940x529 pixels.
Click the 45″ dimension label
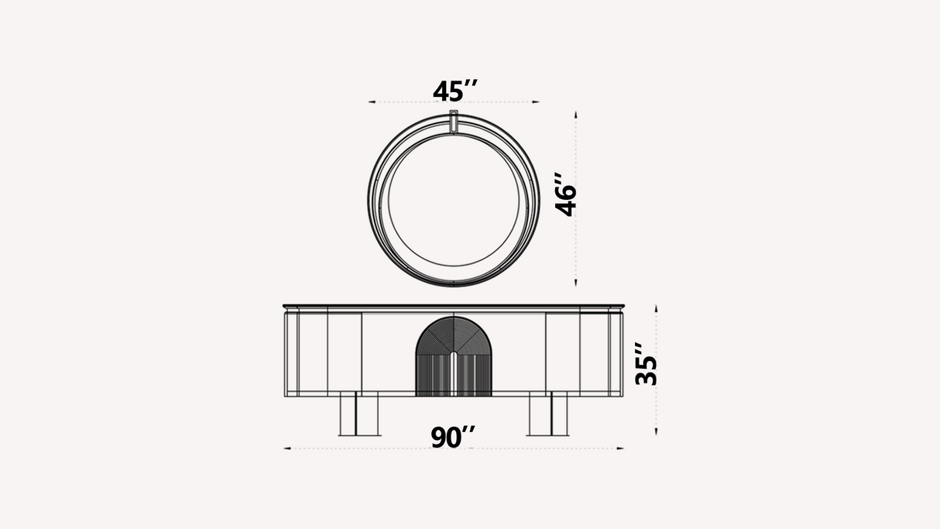(x=455, y=91)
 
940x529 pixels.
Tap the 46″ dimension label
(x=565, y=194)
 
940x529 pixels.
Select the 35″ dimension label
(x=646, y=363)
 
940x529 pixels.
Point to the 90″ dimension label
(x=453, y=437)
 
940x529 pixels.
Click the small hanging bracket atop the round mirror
(x=454, y=122)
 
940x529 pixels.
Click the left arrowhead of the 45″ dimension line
(x=372, y=101)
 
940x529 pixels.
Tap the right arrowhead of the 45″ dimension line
(x=536, y=101)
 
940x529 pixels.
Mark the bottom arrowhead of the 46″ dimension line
(x=576, y=283)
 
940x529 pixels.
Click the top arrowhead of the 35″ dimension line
(x=657, y=308)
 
